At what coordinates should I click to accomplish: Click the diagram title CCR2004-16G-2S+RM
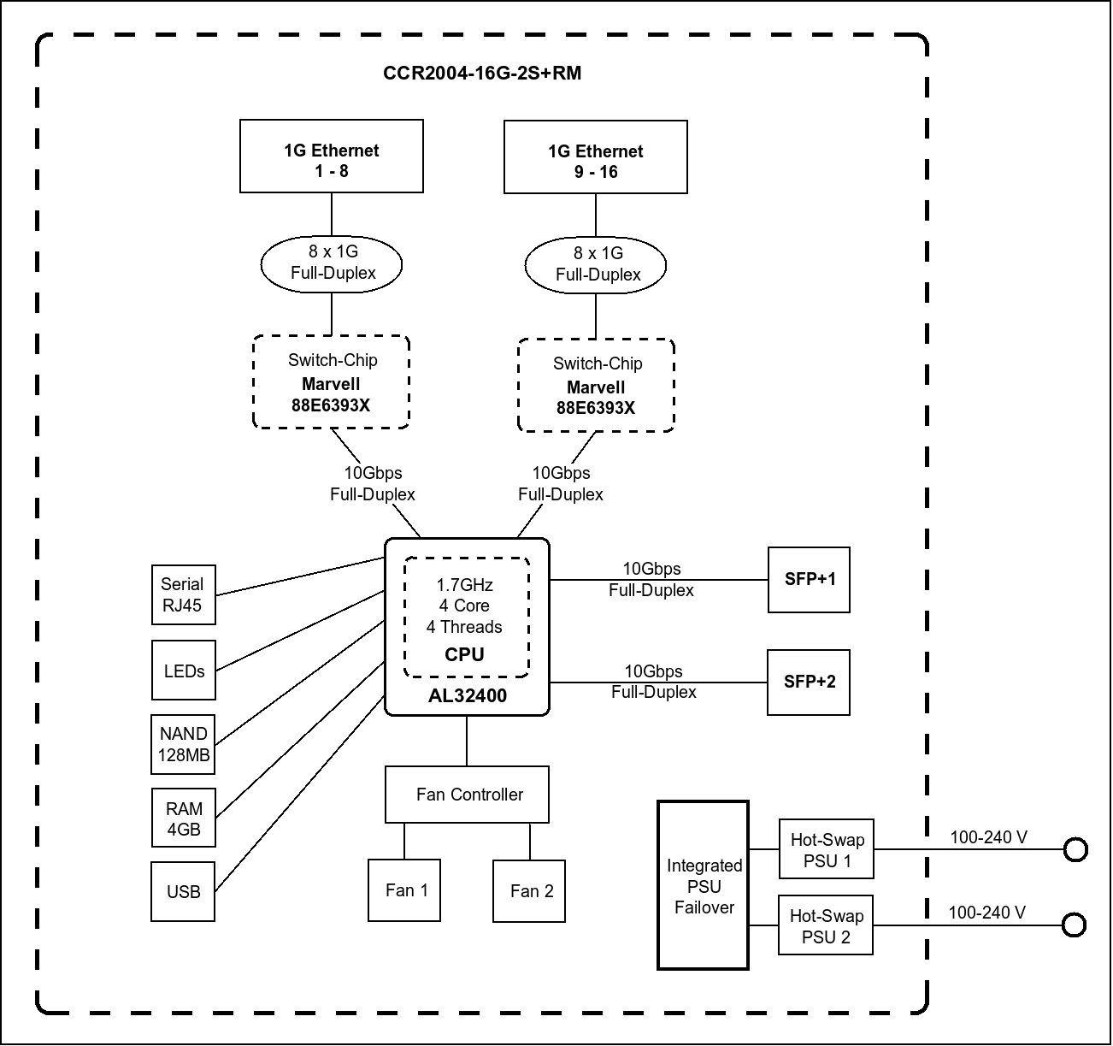click(x=482, y=74)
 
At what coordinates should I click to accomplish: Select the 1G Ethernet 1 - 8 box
click(x=332, y=157)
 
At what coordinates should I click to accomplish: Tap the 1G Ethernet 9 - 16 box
click(x=596, y=157)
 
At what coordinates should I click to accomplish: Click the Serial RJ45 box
click(x=183, y=594)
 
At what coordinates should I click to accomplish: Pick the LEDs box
click(x=184, y=671)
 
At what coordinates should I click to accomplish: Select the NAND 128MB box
click(x=184, y=744)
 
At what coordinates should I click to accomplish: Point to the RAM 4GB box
click(x=184, y=818)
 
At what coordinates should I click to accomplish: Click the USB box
click(x=184, y=891)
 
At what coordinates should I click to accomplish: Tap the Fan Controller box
click(x=468, y=795)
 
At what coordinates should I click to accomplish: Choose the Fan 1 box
click(x=405, y=890)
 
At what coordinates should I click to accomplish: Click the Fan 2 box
click(x=530, y=891)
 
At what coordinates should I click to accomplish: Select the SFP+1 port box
click(x=810, y=580)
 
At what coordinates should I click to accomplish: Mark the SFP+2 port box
click(x=810, y=683)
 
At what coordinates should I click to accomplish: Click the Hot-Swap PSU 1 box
click(x=827, y=849)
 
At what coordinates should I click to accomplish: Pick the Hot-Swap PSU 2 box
click(x=826, y=925)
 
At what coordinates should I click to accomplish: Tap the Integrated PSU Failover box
click(x=704, y=885)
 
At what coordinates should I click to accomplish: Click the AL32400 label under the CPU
click(x=468, y=696)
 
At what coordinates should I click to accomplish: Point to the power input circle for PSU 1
click(x=1075, y=849)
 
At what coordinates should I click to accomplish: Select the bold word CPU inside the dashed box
click(x=465, y=655)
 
